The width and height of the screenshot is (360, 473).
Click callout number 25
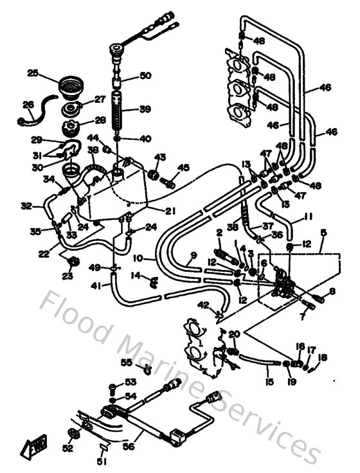click(x=33, y=73)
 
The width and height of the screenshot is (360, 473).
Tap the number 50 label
click(x=145, y=76)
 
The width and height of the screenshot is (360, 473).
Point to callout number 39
click(x=145, y=109)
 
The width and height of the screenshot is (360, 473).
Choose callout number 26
click(x=28, y=105)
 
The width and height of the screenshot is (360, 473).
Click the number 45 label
click(x=184, y=168)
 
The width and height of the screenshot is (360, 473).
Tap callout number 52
click(x=67, y=448)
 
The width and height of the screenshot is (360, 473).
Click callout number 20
click(x=233, y=334)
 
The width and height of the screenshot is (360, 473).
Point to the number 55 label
click(x=127, y=362)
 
